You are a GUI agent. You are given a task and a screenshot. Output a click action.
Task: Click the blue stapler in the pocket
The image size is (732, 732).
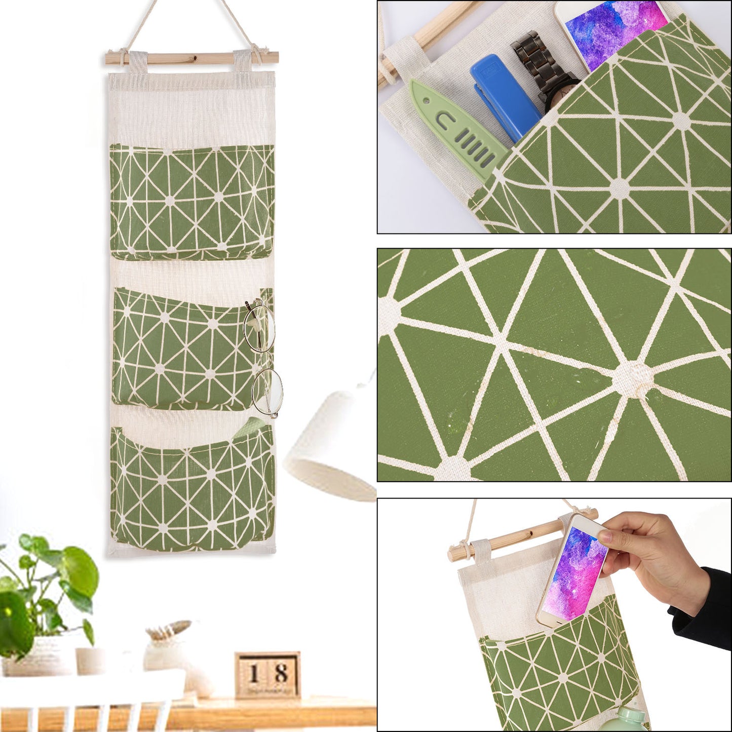tap(502, 96)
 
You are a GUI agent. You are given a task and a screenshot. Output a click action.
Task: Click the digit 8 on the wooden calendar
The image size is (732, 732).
tap(281, 674)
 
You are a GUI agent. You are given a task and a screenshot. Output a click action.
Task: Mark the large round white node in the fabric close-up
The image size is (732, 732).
tap(633, 378)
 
